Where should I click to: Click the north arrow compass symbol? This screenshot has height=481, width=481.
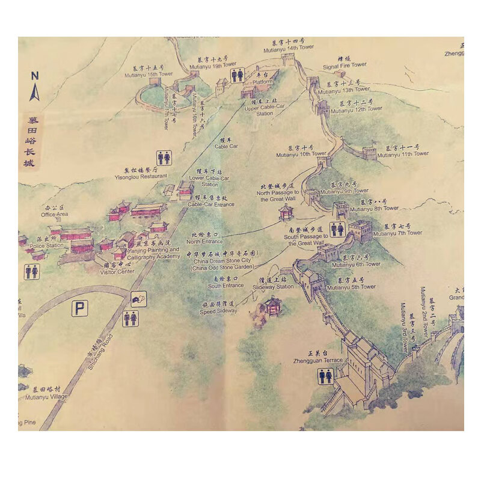coord(35,87)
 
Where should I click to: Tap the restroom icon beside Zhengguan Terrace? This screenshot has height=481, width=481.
coord(326,376)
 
